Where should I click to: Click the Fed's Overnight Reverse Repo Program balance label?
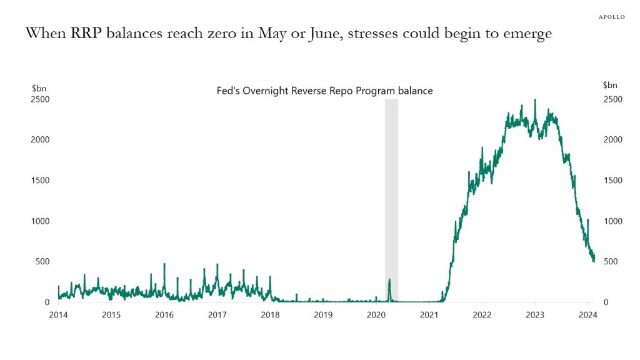point(321,91)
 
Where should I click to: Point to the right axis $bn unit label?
point(610,85)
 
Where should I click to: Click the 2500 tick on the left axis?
point(41,99)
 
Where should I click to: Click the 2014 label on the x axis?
point(58,314)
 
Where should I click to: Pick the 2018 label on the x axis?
point(270,314)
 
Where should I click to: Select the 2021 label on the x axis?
point(429,314)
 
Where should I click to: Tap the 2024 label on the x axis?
point(587,314)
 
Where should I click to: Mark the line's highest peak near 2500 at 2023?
point(534,101)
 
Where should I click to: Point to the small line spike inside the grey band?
point(389,281)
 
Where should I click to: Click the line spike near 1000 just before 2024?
point(587,221)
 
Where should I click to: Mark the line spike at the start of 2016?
point(164,265)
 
